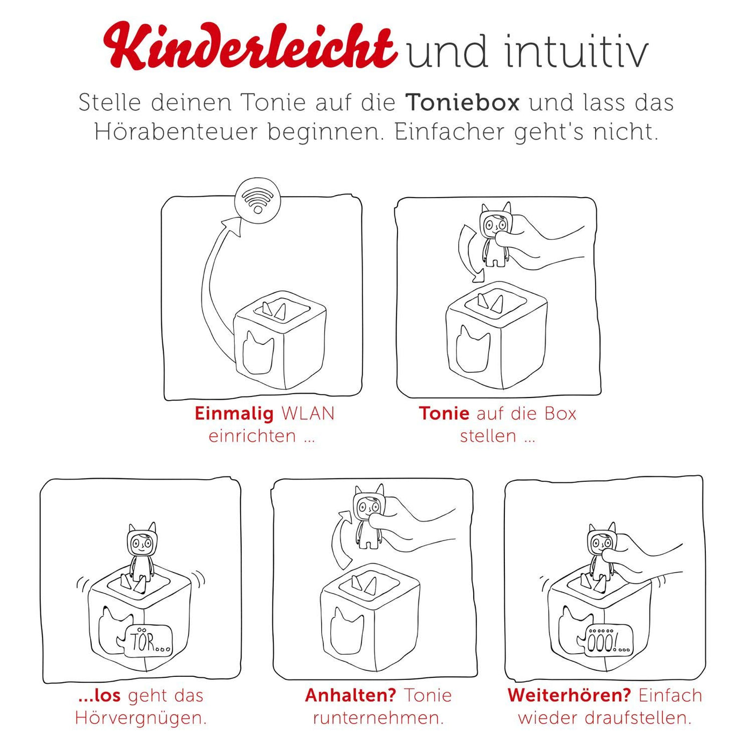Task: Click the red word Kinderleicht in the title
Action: [x=250, y=47]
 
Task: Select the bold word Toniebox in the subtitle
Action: [x=462, y=102]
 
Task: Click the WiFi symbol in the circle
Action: [x=257, y=200]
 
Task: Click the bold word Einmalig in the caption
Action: [x=234, y=413]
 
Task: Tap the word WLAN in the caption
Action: [x=308, y=413]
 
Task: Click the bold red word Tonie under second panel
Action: [x=444, y=413]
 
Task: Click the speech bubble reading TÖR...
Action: [x=148, y=641]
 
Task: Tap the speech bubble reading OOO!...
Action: [x=607, y=641]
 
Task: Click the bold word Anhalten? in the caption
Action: [x=350, y=695]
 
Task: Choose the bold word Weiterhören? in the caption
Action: [x=569, y=695]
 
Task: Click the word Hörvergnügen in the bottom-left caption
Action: [x=141, y=718]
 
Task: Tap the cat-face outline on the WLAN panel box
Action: [x=258, y=352]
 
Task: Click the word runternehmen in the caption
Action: [x=378, y=718]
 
